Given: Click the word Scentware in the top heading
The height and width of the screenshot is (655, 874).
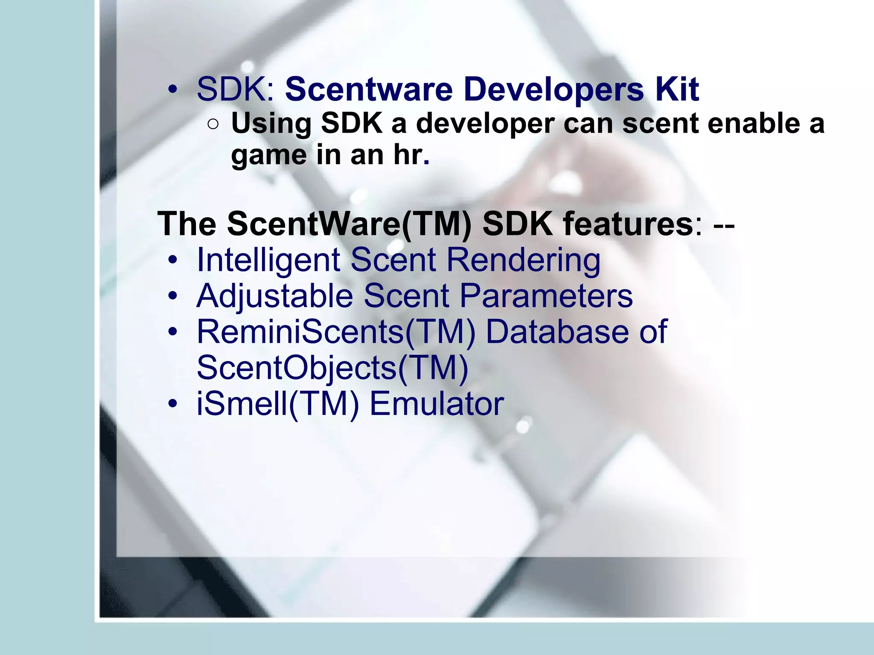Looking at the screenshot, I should coord(369,90).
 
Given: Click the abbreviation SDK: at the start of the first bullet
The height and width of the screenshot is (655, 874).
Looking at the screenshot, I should coord(236,90).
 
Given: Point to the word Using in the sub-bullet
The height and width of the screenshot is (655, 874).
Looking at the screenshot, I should coord(271,125).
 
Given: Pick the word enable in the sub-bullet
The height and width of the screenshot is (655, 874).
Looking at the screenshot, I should coord(753,124).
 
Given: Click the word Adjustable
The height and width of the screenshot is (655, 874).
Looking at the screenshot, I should coord(275,296).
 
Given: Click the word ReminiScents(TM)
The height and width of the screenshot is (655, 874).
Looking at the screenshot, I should coord(336,332).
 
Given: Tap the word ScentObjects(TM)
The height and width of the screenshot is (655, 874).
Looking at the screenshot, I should coord(332,368).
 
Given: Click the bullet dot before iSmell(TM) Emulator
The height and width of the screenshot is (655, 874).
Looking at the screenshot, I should coord(172,403).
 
